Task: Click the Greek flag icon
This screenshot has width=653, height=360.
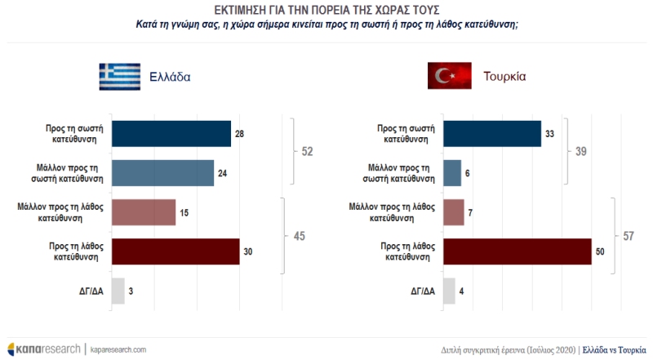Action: (x=119, y=78)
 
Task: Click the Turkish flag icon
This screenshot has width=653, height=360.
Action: (x=449, y=78)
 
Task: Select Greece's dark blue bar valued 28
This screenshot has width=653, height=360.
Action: (x=171, y=134)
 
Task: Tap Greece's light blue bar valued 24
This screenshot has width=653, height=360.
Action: (x=162, y=173)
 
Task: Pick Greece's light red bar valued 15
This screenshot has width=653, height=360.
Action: (x=143, y=212)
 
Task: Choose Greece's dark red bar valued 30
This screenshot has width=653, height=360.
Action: (x=175, y=251)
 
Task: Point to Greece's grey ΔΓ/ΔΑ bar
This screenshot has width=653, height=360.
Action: (x=118, y=291)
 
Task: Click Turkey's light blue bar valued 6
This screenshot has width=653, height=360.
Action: (x=451, y=173)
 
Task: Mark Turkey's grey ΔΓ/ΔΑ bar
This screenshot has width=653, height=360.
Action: (x=448, y=291)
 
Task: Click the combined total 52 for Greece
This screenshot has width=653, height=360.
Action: (x=308, y=153)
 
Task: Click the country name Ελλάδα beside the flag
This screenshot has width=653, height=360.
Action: (x=171, y=78)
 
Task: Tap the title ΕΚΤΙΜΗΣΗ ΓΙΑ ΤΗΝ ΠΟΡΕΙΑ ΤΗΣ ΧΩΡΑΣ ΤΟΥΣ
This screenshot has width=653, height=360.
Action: (x=326, y=10)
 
